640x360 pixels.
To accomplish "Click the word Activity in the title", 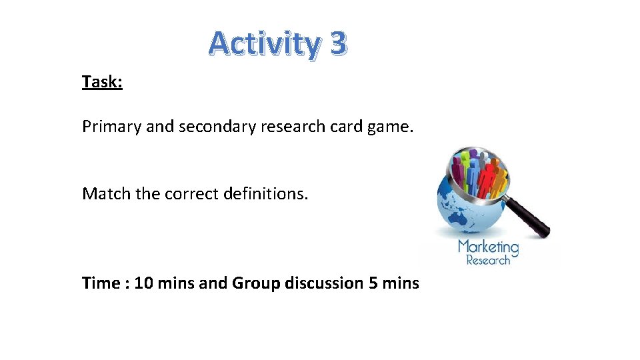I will pyautogui.click(x=265, y=44).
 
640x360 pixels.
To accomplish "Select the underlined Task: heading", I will pyautogui.click(x=102, y=82).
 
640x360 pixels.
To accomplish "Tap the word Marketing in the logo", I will pyautogui.click(x=488, y=247).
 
